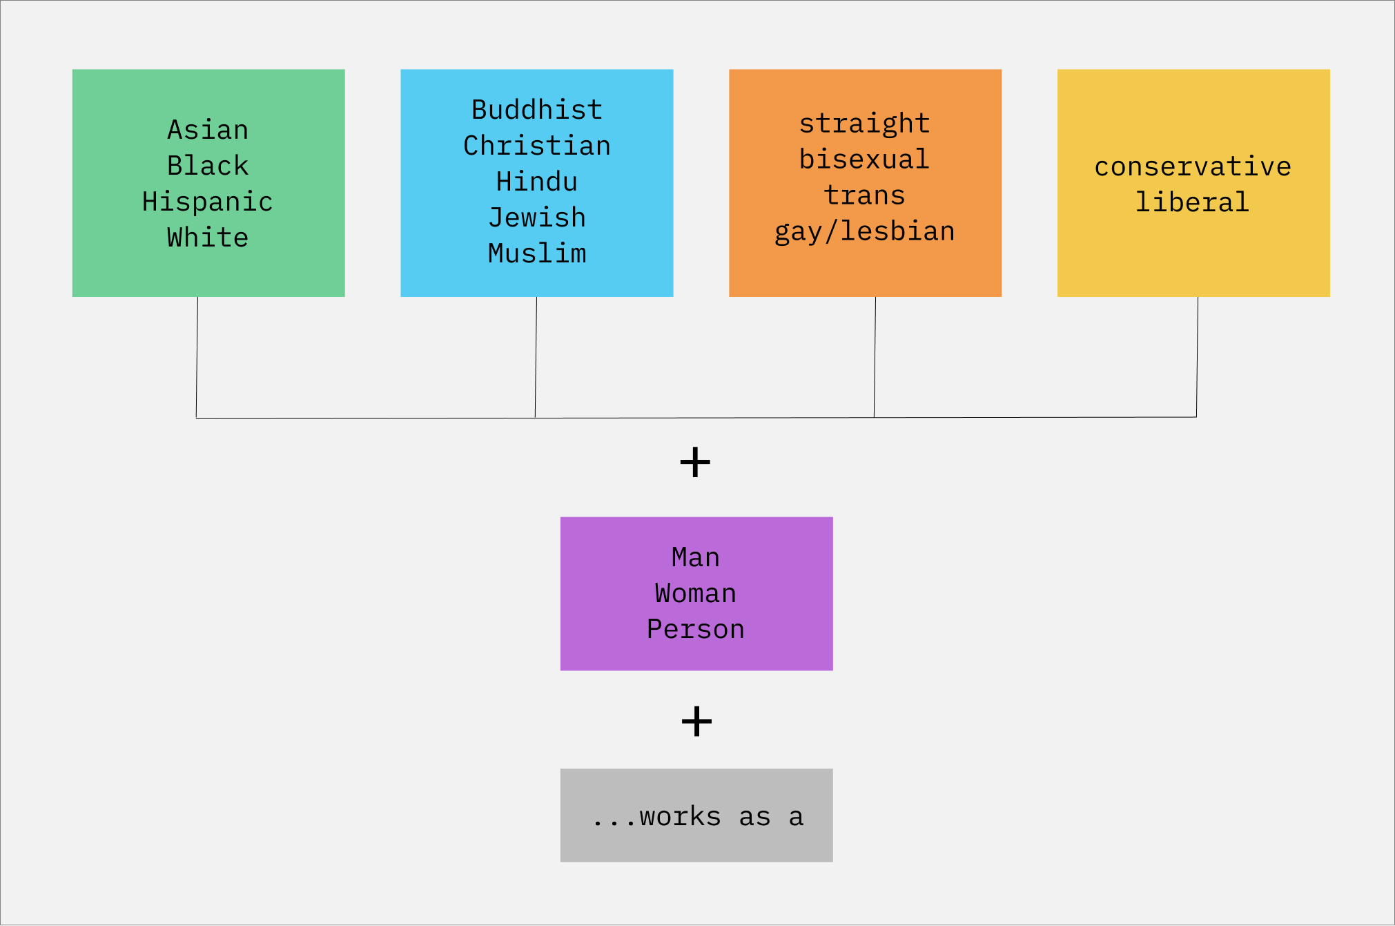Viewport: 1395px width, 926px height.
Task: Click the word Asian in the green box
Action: (x=208, y=130)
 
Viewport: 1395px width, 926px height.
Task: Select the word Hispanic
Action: (x=208, y=202)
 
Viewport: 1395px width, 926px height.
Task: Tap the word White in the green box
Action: (x=208, y=238)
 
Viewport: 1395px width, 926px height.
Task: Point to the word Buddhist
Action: (x=537, y=110)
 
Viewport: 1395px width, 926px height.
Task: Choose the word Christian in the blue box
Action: (x=537, y=146)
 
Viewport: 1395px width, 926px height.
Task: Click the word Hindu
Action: (x=537, y=182)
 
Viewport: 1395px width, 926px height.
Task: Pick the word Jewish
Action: (x=537, y=218)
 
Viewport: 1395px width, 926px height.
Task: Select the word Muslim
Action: (x=537, y=253)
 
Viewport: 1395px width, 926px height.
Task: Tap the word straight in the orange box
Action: (x=865, y=124)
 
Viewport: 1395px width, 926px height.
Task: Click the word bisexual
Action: (x=865, y=160)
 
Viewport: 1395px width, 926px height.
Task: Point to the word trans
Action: (x=865, y=195)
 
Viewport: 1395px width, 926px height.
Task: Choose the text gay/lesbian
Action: (x=865, y=232)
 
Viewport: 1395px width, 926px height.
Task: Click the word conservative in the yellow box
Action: (x=1193, y=166)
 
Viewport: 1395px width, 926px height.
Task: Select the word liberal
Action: (x=1193, y=202)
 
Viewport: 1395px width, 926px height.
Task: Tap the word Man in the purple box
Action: (x=696, y=557)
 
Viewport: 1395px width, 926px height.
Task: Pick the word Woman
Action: (x=696, y=593)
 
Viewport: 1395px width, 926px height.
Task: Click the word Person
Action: (x=696, y=629)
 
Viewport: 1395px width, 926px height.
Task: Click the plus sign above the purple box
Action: (x=695, y=462)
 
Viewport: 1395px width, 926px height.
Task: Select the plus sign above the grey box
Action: (x=696, y=721)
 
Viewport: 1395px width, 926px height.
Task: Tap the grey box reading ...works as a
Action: (x=696, y=816)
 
